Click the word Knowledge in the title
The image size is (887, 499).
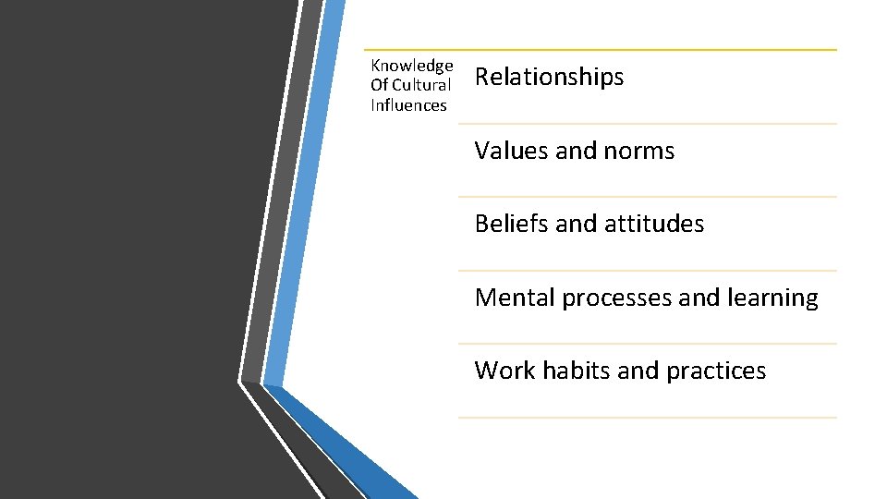pyautogui.click(x=411, y=66)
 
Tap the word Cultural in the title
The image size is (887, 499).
pyautogui.click(x=421, y=85)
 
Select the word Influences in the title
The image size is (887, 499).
pyautogui.click(x=408, y=105)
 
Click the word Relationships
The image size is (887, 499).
pyautogui.click(x=549, y=77)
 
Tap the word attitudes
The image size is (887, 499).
pyautogui.click(x=660, y=224)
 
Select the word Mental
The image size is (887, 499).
pyautogui.click(x=515, y=298)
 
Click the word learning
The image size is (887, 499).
pyautogui.click(x=772, y=298)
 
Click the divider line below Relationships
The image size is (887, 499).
pyautogui.click(x=647, y=124)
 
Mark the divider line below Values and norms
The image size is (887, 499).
pyautogui.click(x=647, y=197)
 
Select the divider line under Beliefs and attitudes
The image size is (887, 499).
pyautogui.click(x=647, y=271)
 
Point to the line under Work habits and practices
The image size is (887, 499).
pyautogui.click(x=647, y=418)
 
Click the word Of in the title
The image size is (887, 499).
pyautogui.click(x=379, y=85)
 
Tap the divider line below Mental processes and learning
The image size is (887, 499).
pyautogui.click(x=647, y=344)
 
